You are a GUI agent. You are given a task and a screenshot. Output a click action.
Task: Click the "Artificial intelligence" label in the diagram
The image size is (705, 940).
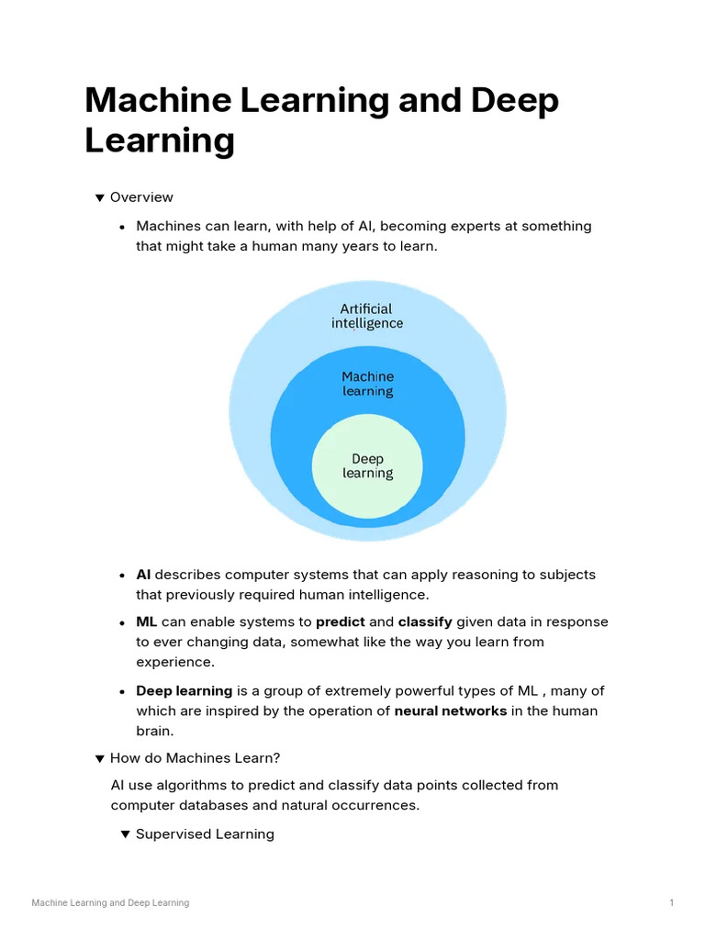(x=366, y=316)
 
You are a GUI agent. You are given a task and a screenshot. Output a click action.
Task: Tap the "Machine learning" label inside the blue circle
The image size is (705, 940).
(x=367, y=384)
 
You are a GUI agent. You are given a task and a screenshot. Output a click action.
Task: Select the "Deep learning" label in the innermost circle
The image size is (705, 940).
(x=367, y=466)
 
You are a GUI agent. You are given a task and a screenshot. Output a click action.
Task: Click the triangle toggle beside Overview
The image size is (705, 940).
(x=100, y=197)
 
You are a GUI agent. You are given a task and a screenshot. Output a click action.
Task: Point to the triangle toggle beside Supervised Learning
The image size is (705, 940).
(x=126, y=834)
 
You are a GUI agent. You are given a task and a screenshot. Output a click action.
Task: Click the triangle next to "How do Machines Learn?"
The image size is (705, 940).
(x=100, y=758)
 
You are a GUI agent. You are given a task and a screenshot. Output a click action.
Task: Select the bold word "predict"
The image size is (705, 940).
(x=341, y=621)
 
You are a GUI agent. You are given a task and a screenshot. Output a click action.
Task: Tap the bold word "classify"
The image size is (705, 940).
(x=425, y=621)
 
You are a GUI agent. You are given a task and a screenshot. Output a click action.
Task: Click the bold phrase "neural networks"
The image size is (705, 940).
(x=451, y=711)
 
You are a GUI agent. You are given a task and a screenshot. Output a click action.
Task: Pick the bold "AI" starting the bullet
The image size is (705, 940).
(x=143, y=575)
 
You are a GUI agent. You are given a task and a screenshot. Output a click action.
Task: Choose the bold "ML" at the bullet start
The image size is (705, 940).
(x=147, y=621)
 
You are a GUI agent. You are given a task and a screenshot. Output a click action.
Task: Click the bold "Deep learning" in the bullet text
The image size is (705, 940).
(x=185, y=690)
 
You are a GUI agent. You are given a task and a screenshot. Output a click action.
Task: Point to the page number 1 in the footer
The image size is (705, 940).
(x=671, y=903)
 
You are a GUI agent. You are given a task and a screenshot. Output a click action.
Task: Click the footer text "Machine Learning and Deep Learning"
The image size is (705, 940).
(x=110, y=903)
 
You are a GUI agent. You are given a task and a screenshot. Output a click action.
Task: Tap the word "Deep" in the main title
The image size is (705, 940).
(x=515, y=100)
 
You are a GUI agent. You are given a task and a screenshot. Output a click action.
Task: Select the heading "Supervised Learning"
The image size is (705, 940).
(x=205, y=834)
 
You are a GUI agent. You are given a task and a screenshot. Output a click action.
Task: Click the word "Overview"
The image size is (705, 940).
(x=141, y=197)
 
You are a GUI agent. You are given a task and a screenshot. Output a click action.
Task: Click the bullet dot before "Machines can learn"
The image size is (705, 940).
(x=122, y=227)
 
